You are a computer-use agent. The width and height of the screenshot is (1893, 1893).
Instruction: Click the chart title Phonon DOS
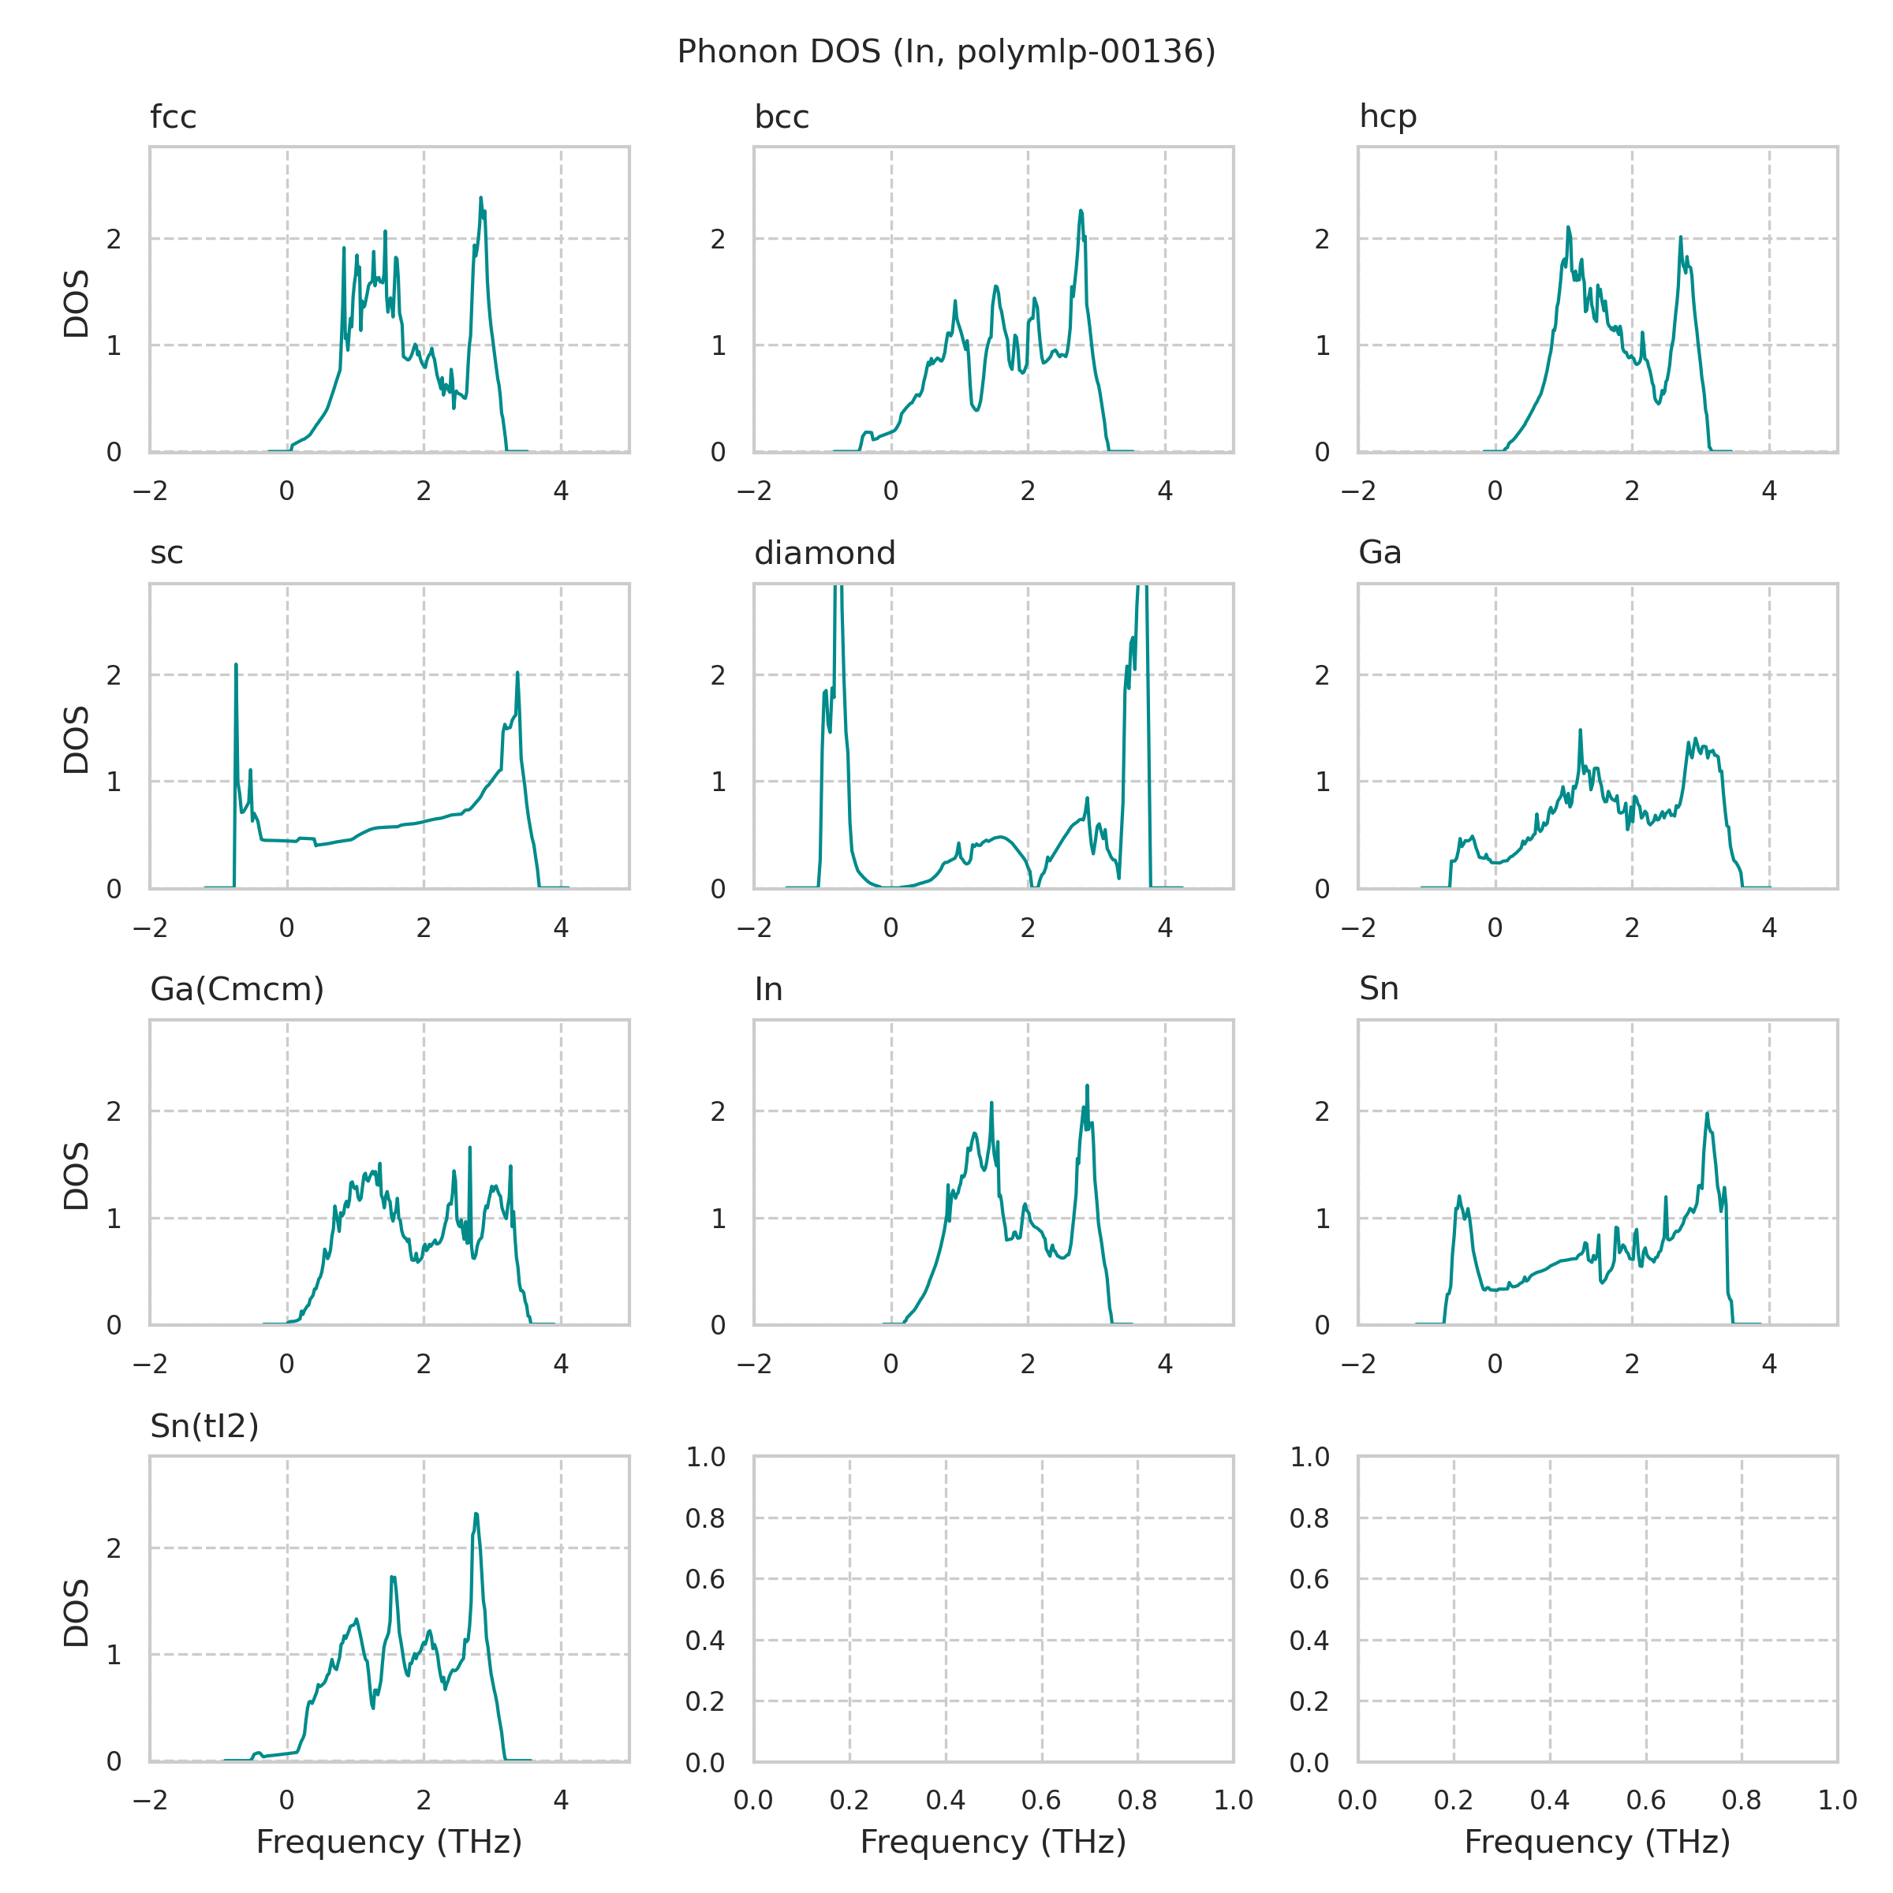tap(946, 52)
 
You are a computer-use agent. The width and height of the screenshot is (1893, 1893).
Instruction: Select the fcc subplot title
tap(173, 118)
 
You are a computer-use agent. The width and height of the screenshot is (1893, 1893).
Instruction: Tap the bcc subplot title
tap(781, 118)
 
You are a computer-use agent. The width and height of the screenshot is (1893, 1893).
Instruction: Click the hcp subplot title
tap(1387, 117)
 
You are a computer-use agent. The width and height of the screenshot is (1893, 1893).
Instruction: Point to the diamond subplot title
tap(824, 554)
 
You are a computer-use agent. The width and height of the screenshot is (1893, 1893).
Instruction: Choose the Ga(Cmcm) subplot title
tap(236, 990)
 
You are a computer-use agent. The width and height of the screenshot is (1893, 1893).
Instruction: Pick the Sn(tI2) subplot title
tap(203, 1427)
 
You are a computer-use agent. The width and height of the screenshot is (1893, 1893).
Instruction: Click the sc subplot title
tap(166, 554)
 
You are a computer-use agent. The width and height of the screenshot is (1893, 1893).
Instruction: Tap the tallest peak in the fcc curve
tap(481, 199)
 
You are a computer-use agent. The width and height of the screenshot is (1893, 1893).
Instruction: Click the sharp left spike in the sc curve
tap(236, 665)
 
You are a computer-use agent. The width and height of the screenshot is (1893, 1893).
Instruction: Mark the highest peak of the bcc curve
tap(1081, 211)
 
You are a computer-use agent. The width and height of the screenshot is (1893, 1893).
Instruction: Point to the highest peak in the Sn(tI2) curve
tap(476, 1514)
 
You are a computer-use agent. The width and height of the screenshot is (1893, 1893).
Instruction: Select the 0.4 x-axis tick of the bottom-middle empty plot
tap(946, 1800)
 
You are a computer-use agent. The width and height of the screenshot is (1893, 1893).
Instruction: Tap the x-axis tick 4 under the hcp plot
tap(1768, 491)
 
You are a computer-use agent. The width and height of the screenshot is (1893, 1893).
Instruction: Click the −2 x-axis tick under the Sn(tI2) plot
tap(150, 1800)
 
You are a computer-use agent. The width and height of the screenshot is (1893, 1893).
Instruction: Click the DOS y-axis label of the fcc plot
tap(77, 303)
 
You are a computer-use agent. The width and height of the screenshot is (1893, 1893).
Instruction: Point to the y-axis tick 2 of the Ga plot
tap(1322, 675)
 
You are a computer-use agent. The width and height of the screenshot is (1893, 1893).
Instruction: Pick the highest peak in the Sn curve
tap(1707, 1113)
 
